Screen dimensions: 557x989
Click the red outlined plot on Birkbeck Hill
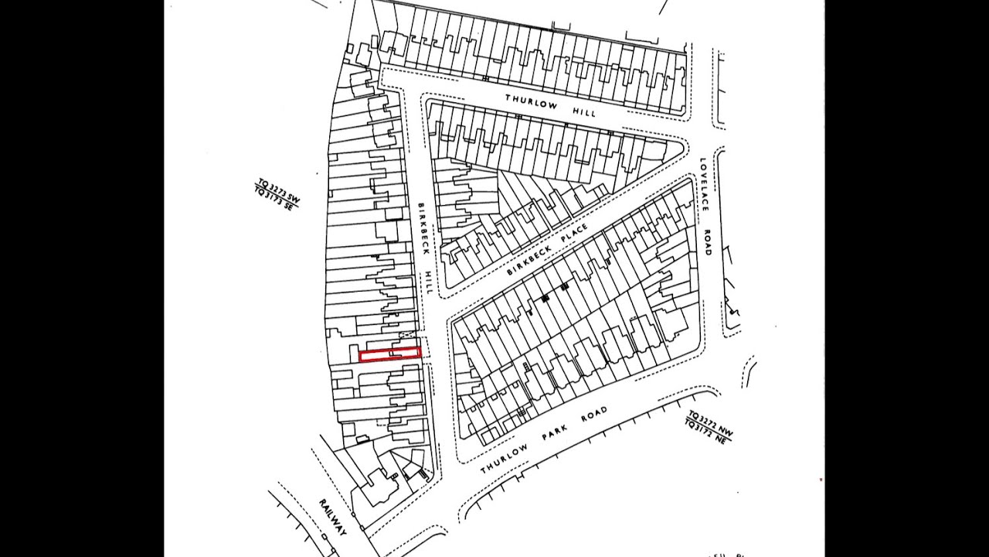(x=390, y=355)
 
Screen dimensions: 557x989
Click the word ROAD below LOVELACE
(x=706, y=241)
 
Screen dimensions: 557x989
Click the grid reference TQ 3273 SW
(x=278, y=190)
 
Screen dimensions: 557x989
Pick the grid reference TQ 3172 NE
(x=706, y=431)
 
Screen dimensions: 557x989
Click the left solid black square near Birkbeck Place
(x=545, y=297)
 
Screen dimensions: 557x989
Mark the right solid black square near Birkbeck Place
(x=565, y=287)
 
